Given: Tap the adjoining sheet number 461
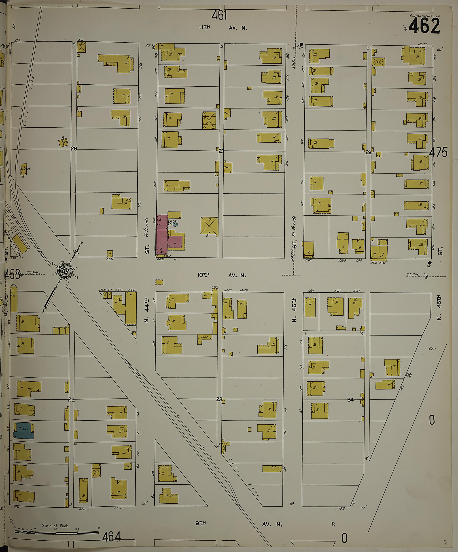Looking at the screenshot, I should click(219, 15).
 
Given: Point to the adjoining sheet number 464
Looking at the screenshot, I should click(111, 535).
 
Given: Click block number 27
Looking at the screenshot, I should click(222, 151).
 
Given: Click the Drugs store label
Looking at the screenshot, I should click(14, 295).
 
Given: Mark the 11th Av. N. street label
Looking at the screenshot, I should click(223, 28).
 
